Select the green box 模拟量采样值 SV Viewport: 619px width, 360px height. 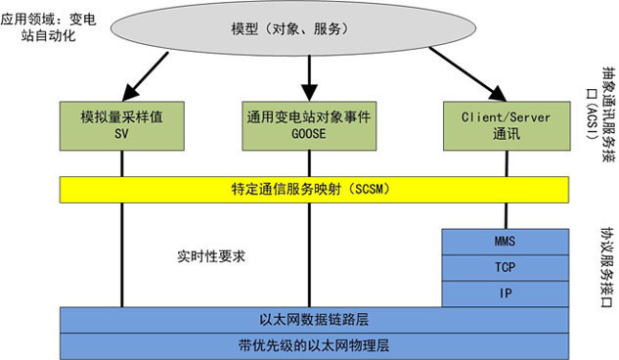(121, 123)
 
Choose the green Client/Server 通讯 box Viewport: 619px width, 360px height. (506, 123)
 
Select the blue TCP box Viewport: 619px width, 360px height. (506, 266)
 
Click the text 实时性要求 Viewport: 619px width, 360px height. (202, 257)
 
